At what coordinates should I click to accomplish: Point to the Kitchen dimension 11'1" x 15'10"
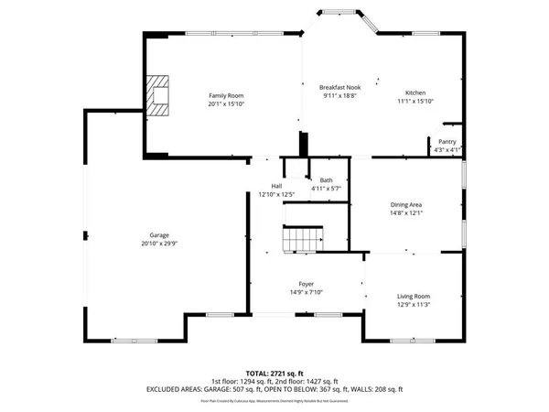416,102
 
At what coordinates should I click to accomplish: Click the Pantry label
447,142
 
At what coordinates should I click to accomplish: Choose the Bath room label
327,179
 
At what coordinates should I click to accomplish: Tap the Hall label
275,186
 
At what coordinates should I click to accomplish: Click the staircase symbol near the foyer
299,241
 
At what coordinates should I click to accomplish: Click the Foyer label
307,284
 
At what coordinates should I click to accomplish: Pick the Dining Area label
406,204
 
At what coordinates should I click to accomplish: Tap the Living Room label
413,297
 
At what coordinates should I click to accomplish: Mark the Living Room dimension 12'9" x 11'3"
413,305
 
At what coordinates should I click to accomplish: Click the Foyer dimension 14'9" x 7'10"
307,292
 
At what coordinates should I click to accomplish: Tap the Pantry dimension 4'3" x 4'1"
447,150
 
